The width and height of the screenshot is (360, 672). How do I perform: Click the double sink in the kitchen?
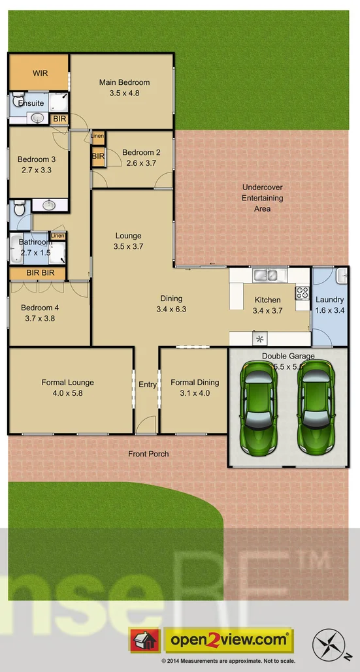coord(267,275)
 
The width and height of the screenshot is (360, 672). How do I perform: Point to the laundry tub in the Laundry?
coord(341,276)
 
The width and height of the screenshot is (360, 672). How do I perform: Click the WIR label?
coord(40,73)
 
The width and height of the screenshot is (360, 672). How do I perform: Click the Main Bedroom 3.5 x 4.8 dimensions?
coord(124,93)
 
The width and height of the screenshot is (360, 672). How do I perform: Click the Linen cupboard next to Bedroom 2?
coord(97,136)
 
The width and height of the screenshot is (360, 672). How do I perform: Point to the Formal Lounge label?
coord(67,383)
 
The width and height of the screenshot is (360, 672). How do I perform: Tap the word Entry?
coord(148,385)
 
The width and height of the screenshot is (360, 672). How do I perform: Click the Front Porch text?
coord(148,454)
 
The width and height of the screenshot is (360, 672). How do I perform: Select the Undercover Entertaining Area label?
coord(262,197)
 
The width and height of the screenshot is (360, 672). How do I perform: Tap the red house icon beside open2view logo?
coord(144,640)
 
